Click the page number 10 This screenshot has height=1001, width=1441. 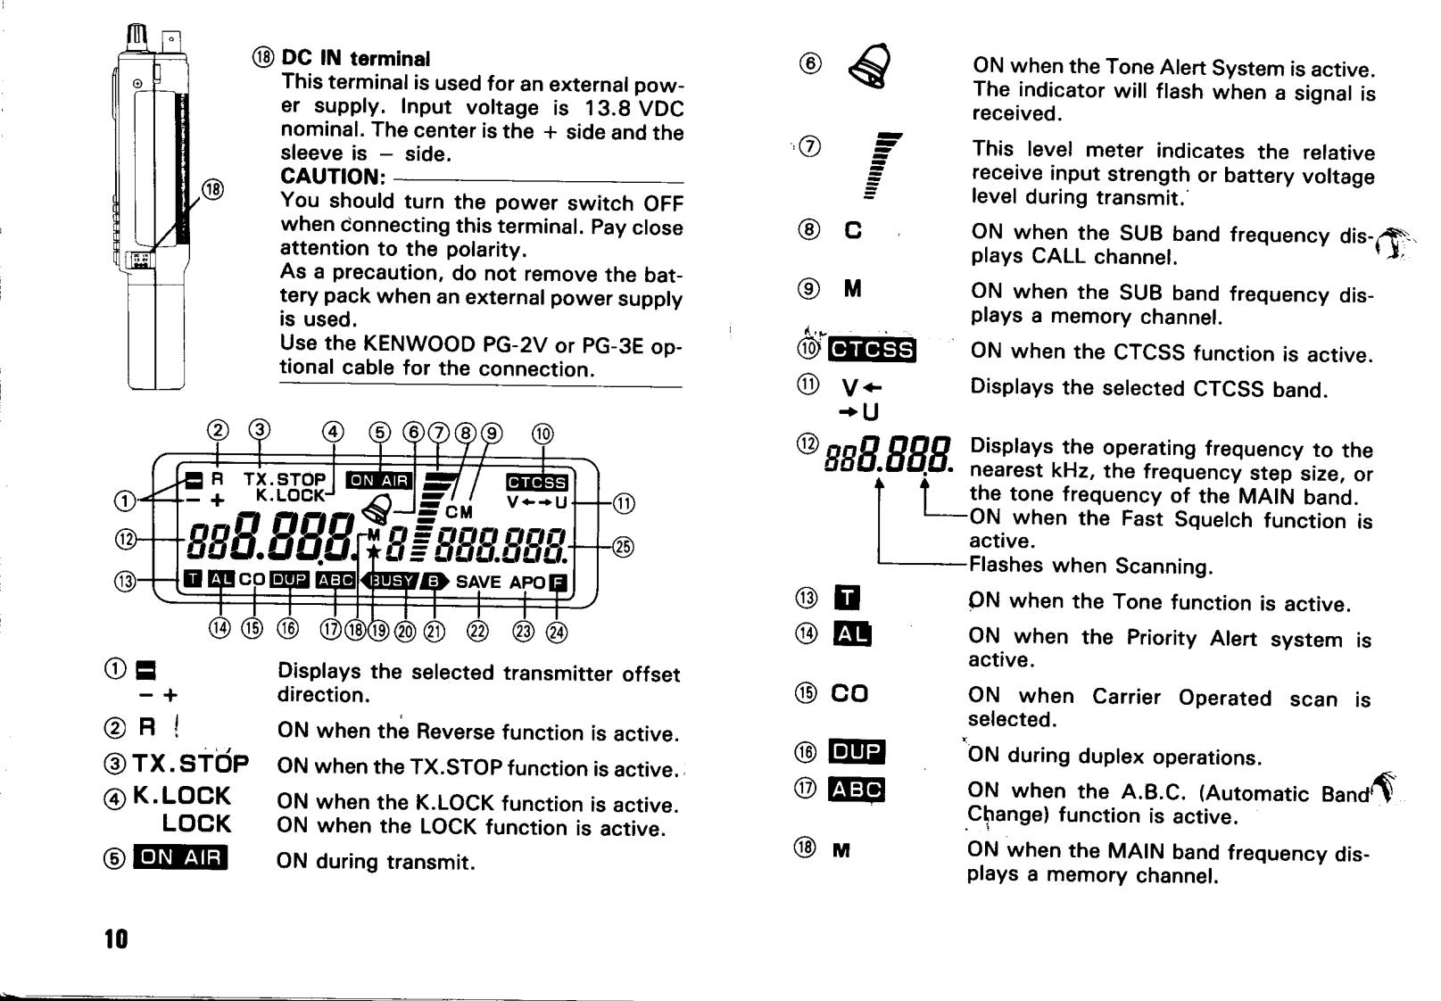coord(116,939)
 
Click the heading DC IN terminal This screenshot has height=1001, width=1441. coord(355,59)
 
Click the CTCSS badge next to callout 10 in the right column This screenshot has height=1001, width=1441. coord(872,350)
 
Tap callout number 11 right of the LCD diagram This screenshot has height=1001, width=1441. coord(624,504)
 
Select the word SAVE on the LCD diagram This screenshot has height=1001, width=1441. coord(478,583)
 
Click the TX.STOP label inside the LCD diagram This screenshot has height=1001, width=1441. coord(285,480)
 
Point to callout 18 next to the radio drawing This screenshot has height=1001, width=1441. coord(212,189)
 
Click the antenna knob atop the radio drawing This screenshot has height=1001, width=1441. coord(138,38)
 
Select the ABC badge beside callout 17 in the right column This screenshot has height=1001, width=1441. coord(857,790)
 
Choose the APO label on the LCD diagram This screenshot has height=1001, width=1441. coord(526,583)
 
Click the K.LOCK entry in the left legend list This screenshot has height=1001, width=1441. coord(182,796)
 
